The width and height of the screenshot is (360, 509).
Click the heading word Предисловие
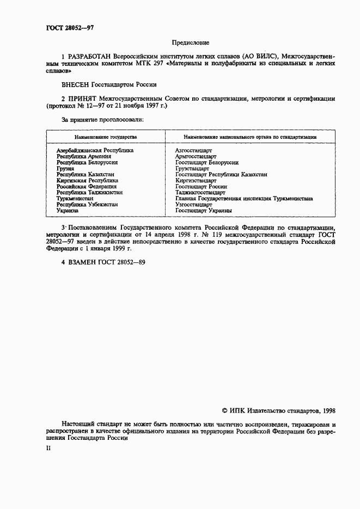pos(190,42)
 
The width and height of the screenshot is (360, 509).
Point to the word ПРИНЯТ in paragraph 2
pos(82,99)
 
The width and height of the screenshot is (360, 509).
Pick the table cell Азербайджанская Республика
pos(95,150)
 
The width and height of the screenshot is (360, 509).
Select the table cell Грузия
pos(65,169)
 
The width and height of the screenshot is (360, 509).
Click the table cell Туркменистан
pos(75,199)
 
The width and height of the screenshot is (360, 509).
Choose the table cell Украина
pos(68,211)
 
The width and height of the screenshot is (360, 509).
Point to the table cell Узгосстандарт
pos(194,205)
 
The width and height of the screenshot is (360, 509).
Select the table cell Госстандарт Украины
pos(204,211)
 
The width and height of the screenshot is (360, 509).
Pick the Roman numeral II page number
pos(48,447)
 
